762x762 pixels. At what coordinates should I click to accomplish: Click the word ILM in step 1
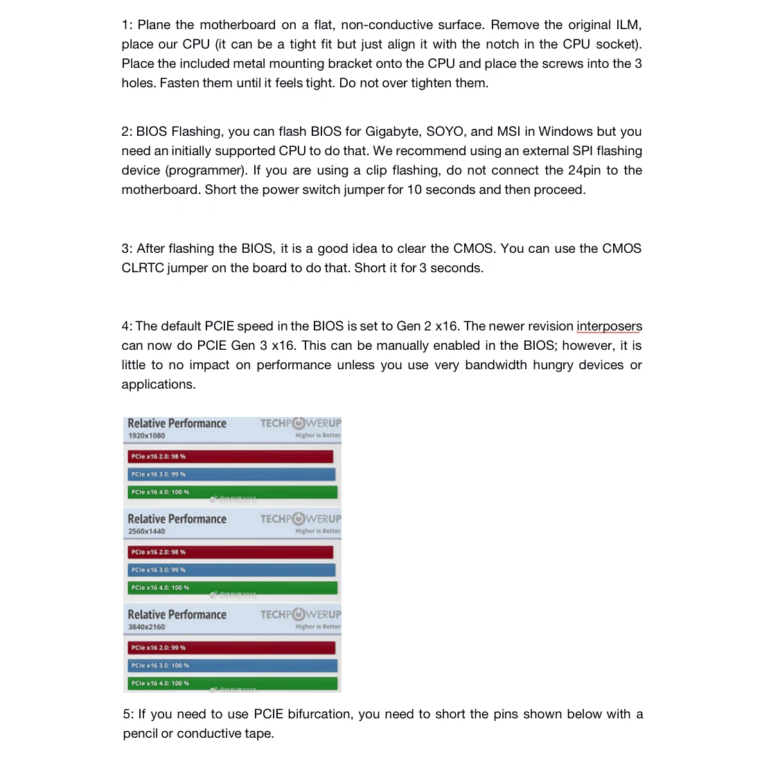coord(628,25)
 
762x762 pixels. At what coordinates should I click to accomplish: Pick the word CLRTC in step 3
coord(143,268)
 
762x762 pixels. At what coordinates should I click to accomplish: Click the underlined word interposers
coord(609,326)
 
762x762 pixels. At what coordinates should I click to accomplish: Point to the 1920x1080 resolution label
coord(146,436)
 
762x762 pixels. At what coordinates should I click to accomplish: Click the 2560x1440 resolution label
coord(146,531)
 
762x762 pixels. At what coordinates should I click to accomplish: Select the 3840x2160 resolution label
coord(146,627)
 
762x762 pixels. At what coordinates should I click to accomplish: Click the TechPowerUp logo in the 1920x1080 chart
coord(301,423)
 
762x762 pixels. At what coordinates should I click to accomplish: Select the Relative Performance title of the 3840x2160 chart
coord(177,614)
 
